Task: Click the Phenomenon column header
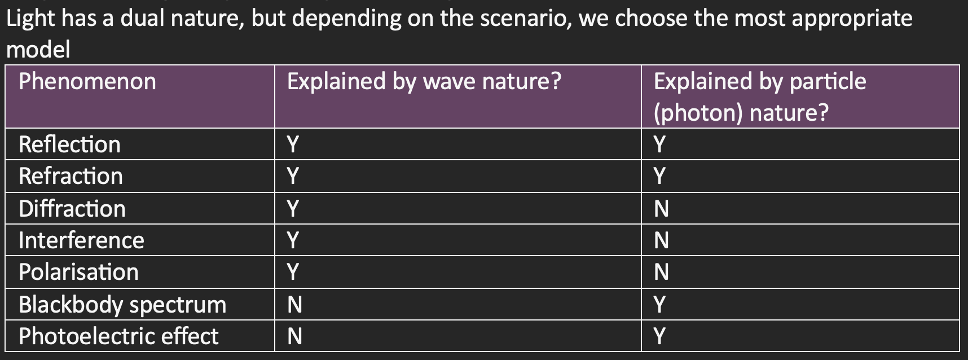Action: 87,82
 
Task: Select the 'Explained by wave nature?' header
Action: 424,82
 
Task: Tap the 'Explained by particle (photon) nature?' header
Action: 760,97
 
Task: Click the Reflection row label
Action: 69,144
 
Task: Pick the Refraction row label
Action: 71,176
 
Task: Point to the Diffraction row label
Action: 72,209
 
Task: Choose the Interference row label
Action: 81,240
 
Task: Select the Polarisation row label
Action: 78,272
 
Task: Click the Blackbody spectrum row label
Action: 122,305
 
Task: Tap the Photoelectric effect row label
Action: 118,336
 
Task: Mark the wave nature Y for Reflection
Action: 293,145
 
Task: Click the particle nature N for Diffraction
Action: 661,209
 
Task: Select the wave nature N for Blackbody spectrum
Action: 294,305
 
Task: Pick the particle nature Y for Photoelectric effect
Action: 659,337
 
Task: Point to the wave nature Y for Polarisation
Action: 293,273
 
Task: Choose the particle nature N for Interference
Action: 661,241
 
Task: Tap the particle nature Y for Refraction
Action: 659,177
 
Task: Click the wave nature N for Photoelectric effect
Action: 294,337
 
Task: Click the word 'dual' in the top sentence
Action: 142,19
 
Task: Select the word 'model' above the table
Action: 38,50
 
